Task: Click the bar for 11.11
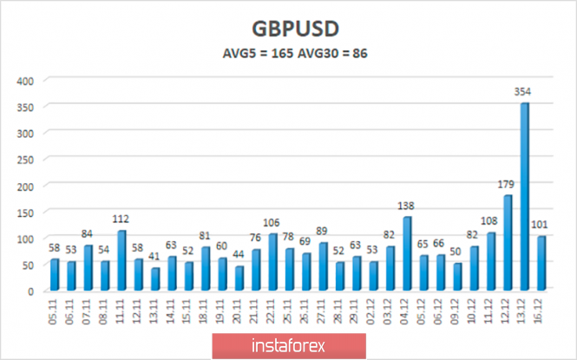[x=122, y=260]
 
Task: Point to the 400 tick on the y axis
[x=25, y=81]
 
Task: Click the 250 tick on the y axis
[x=25, y=160]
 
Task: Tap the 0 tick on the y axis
[x=31, y=291]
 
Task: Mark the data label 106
[x=272, y=225]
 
